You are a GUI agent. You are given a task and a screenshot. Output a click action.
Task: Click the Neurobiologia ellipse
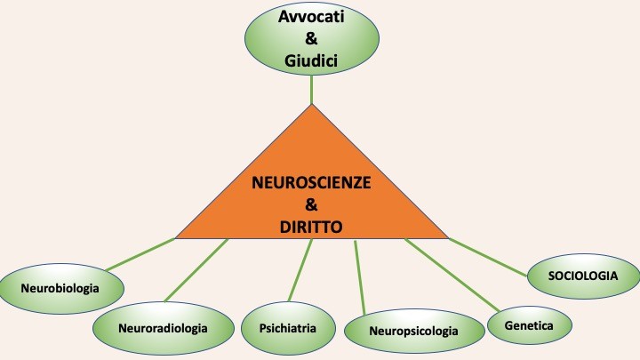[x=61, y=288]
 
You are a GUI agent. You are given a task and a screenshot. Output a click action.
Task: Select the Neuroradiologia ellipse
[x=162, y=328]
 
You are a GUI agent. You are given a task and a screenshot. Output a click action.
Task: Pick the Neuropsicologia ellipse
[x=413, y=332]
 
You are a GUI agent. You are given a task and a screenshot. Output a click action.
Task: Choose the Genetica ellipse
[x=528, y=326]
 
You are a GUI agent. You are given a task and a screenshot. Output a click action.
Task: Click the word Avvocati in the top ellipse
[x=311, y=18]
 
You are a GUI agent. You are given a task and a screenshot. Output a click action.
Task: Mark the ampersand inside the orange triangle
[x=312, y=205]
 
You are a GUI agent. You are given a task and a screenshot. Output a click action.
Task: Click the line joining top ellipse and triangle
[x=312, y=91]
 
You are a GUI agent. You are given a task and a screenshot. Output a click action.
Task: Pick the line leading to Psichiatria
[x=302, y=272]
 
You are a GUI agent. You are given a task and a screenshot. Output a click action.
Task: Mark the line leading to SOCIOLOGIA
[x=489, y=253]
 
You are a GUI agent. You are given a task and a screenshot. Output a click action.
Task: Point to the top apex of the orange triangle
[x=312, y=107]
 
